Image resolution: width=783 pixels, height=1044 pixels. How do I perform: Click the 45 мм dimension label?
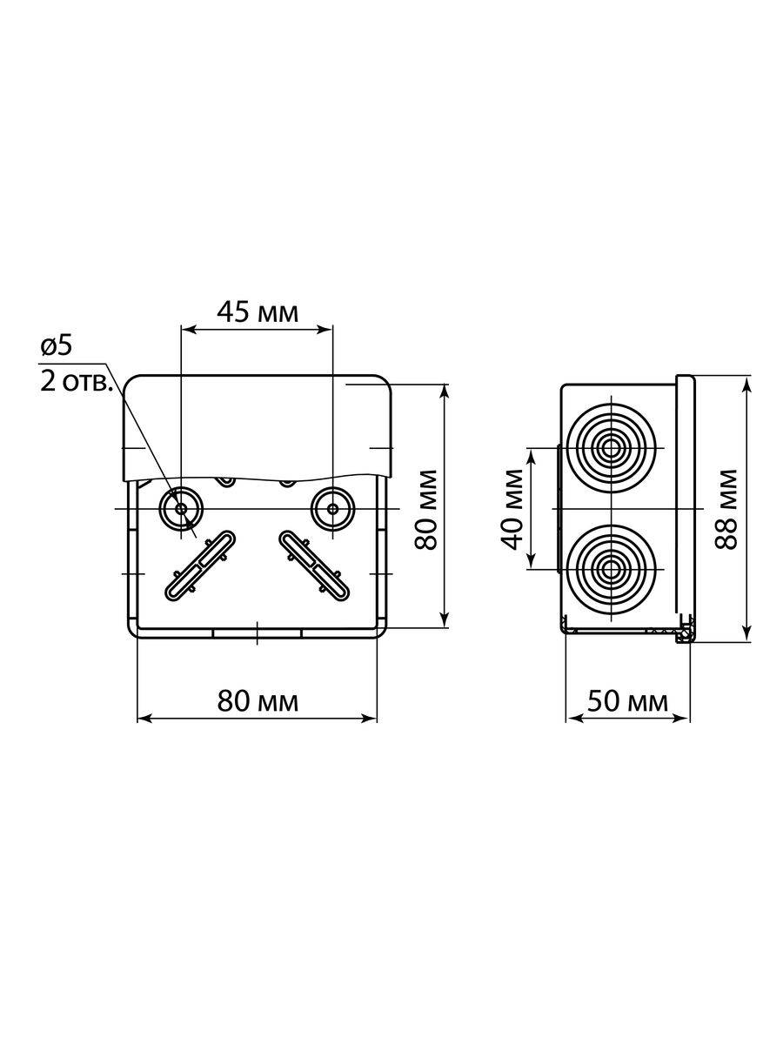[x=258, y=313]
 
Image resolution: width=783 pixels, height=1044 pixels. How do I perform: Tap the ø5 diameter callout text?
[x=57, y=345]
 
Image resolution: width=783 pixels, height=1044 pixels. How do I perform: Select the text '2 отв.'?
[x=76, y=381]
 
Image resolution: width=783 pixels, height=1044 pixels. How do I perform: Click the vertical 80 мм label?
[x=425, y=510]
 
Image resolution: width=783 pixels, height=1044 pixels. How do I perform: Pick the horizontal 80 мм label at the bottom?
[x=258, y=701]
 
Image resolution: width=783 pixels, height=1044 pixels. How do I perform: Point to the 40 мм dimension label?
[x=512, y=510]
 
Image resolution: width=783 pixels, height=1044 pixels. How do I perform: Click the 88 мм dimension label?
[x=726, y=510]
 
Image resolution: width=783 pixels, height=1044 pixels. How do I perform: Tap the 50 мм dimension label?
[x=627, y=701]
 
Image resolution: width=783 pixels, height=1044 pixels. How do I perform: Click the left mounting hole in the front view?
[x=181, y=508]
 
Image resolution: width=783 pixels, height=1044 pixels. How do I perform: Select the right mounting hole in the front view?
[x=333, y=508]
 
